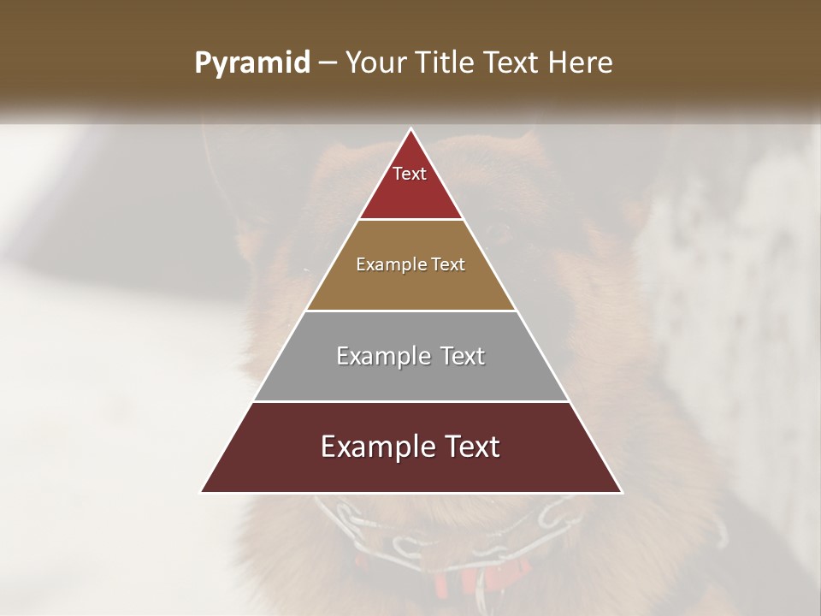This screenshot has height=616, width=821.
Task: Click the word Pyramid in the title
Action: pos(252,63)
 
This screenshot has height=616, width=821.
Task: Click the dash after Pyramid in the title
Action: pos(328,63)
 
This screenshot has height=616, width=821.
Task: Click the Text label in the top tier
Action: pos(410,174)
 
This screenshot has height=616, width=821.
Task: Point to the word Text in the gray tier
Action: pos(462,356)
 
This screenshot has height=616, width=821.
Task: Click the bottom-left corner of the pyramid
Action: pos(202,492)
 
